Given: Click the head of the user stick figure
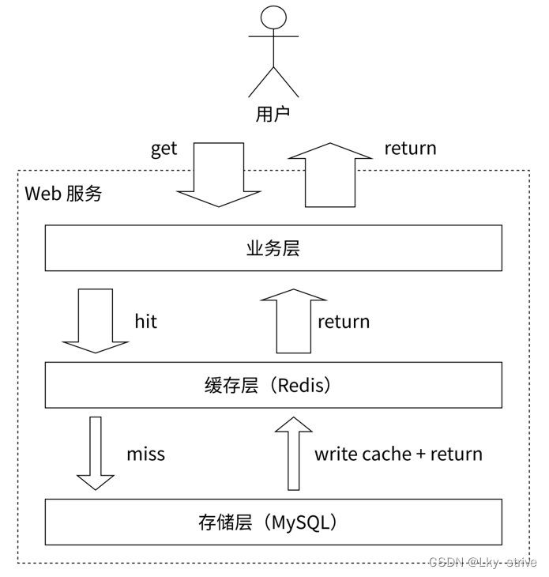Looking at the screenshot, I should (x=273, y=17).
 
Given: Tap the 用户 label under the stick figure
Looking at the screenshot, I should (x=273, y=114).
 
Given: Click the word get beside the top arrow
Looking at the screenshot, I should (x=164, y=149).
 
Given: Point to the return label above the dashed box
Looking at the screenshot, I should (x=410, y=149).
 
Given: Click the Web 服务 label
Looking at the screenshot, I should (x=64, y=194).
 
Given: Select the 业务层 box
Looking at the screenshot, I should (x=273, y=248).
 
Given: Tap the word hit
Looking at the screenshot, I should (x=145, y=321).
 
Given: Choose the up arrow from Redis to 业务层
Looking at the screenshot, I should (x=294, y=321).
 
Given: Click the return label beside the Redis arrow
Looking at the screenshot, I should (x=344, y=322).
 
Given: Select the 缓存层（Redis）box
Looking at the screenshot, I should (x=273, y=385).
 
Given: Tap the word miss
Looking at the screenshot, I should (x=145, y=454).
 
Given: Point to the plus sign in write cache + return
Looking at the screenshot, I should (x=421, y=454).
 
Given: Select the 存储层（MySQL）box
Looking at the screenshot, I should (x=273, y=522).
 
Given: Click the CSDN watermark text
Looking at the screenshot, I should (x=446, y=562).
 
